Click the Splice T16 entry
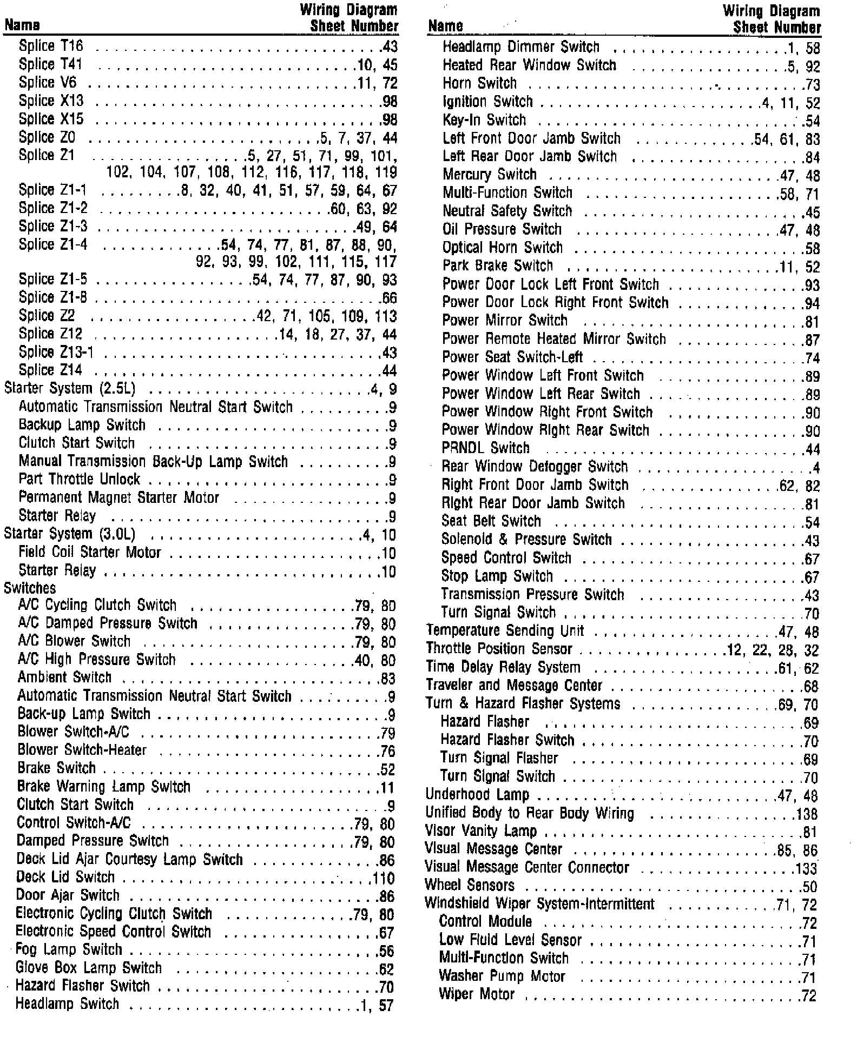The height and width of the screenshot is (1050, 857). pos(51,46)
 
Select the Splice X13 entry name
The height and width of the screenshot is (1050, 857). pos(51,101)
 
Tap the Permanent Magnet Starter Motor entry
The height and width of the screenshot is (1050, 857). pos(119,498)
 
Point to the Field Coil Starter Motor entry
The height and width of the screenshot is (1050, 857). pos(90,553)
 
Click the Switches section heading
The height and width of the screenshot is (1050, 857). pos(30,588)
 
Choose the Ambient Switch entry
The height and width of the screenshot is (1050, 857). pos(64,678)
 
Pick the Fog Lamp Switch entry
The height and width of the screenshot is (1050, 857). pos(69,950)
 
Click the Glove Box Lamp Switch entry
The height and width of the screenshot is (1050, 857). pos(89,968)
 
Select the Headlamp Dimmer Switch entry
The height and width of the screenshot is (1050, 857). pos(521,48)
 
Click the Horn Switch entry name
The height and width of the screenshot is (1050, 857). pos(479,84)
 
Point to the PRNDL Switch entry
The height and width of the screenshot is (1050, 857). pos(485,449)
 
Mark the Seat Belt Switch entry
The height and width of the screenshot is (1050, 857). pos(491,522)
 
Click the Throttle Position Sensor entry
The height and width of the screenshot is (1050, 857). pos(499,649)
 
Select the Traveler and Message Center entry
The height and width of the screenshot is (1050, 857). pos(514,686)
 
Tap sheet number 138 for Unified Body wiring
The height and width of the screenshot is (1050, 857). pos(807,814)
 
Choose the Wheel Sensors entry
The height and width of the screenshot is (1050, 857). pos(470,886)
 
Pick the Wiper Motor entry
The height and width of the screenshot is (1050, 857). pos(477,995)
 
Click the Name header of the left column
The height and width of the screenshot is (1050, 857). pos(22,25)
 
